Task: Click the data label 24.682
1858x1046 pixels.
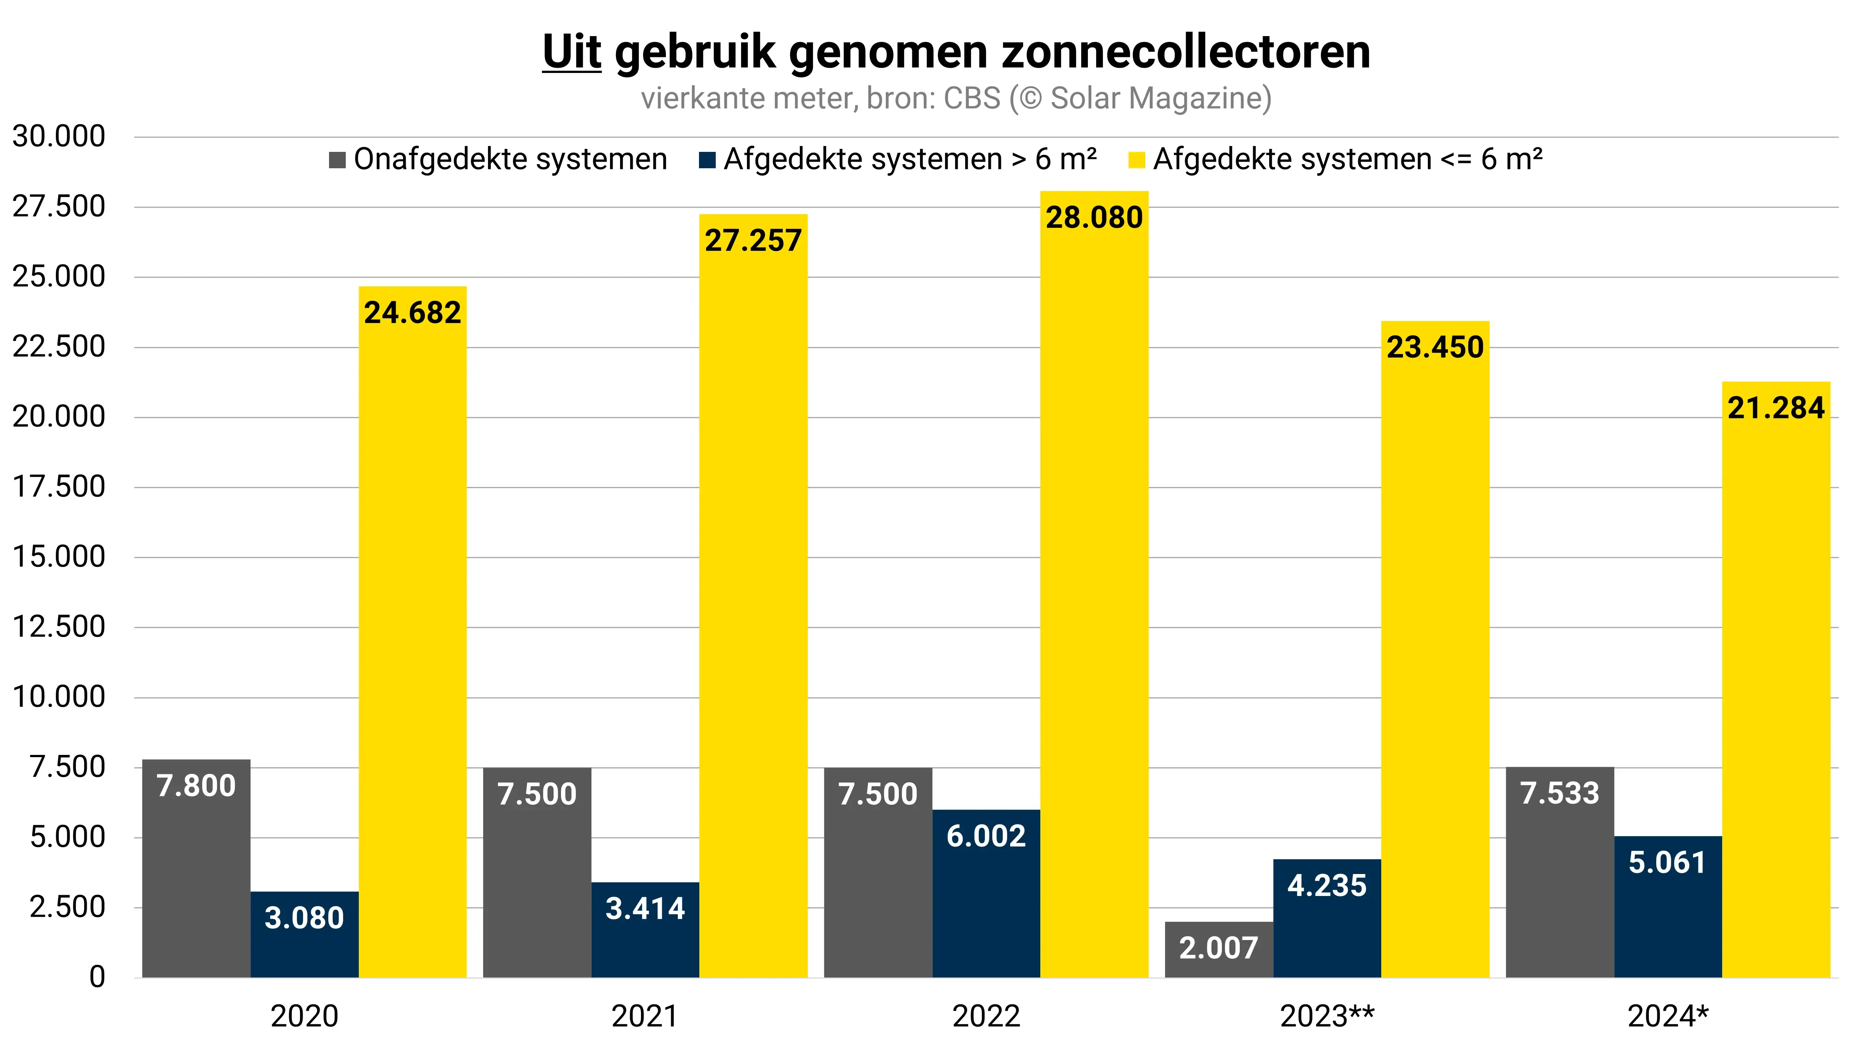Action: (412, 312)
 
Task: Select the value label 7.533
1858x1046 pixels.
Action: (1559, 793)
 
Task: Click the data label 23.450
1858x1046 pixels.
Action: (1434, 347)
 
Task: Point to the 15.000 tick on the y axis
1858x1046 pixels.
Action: (59, 557)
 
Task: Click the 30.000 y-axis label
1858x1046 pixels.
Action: (59, 136)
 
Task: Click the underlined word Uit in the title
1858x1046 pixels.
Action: (571, 52)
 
